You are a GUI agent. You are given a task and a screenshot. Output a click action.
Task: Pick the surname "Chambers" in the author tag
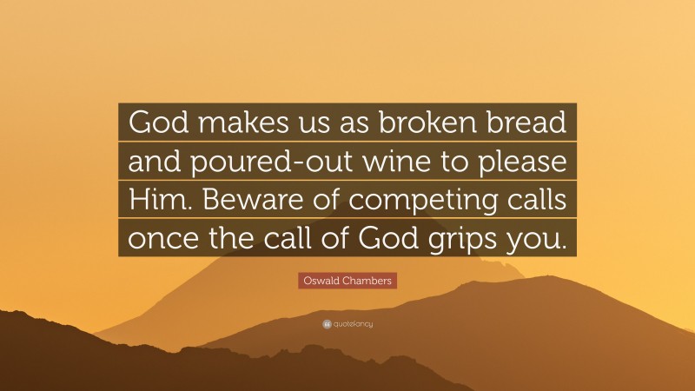[367, 281]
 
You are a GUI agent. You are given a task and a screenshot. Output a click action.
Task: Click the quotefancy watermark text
[353, 324]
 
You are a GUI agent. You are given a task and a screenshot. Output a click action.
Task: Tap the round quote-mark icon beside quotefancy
[327, 324]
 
